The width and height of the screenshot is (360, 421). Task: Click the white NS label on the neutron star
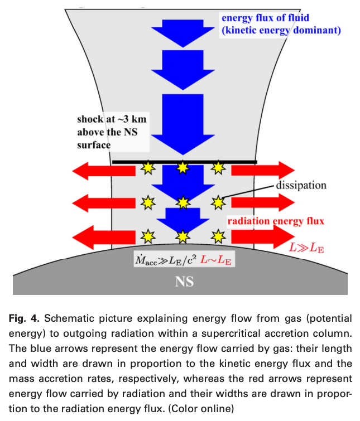point(184,282)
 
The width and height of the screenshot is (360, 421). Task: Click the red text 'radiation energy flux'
point(276,221)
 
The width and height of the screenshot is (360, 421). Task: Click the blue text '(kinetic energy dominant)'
point(281,30)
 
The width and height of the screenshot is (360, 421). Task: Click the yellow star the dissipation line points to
point(218,201)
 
